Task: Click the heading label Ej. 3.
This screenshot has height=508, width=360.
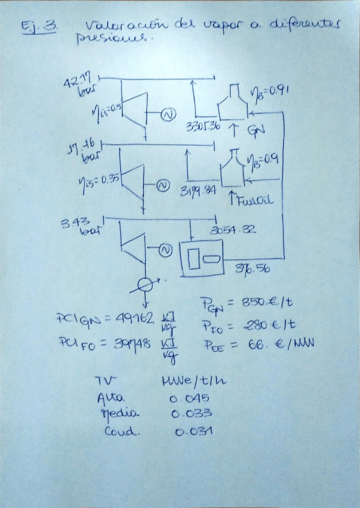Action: point(38,28)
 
